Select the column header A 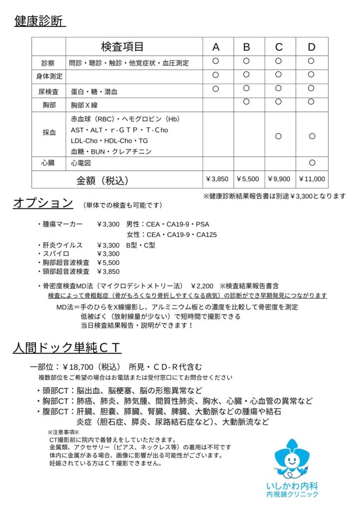tap(216, 47)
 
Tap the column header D tap(311, 47)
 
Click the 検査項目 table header tap(122, 47)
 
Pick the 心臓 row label tap(49, 163)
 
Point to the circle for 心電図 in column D tap(312, 163)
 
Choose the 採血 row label tap(49, 133)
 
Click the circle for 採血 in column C tap(278, 136)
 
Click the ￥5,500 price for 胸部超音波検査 tap(108, 262)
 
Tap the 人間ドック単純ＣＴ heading tap(67, 347)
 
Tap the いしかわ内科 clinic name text tap(292, 485)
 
